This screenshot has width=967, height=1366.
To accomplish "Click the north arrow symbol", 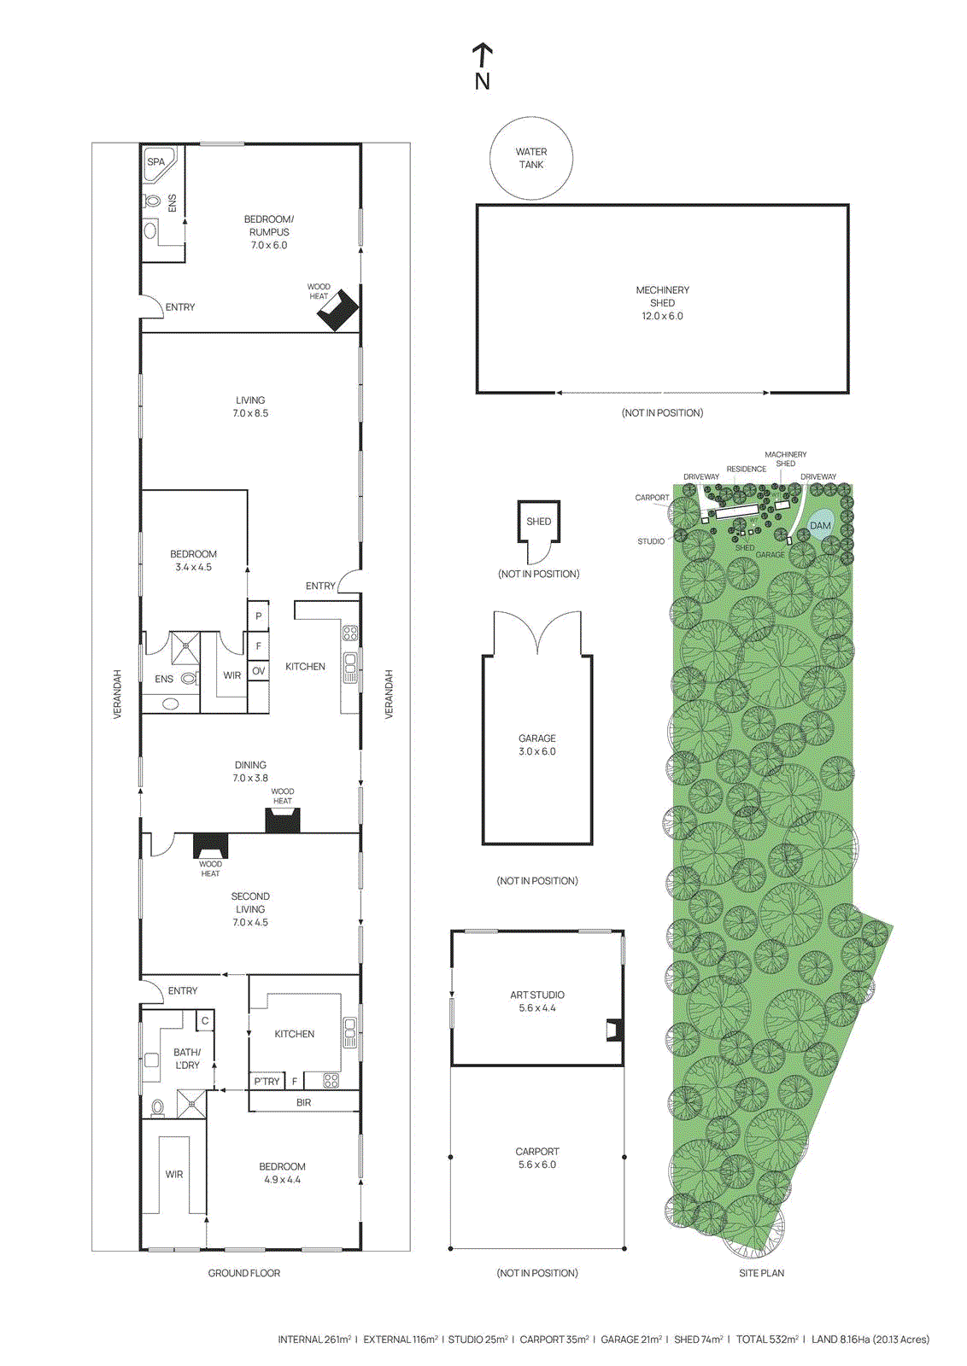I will click(483, 55).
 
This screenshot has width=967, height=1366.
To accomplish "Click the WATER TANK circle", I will click(530, 158).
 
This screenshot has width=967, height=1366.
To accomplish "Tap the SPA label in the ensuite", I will click(155, 161).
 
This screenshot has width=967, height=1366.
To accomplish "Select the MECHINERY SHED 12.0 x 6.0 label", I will click(662, 303).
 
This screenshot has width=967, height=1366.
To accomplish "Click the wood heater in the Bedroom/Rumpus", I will click(338, 311).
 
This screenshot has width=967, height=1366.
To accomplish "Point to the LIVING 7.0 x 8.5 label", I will click(250, 406).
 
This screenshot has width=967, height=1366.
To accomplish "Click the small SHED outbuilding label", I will click(538, 521).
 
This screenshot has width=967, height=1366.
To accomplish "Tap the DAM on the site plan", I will click(820, 525).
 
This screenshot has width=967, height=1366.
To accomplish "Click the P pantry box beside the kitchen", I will click(258, 616).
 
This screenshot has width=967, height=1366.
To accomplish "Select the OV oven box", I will click(258, 671).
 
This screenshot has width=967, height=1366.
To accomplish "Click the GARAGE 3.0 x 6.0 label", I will click(536, 744).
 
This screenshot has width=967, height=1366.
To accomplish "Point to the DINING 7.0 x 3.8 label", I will click(250, 771).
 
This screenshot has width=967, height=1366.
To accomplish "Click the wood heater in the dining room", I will click(282, 821).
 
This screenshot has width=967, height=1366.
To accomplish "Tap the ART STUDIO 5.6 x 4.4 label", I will click(536, 1001).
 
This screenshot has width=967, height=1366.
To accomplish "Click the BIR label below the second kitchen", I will click(303, 1102).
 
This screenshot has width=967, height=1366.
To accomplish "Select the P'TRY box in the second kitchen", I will click(267, 1081).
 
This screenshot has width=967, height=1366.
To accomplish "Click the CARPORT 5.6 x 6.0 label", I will click(536, 1158).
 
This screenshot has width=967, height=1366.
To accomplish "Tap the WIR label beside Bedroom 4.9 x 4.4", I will click(174, 1174).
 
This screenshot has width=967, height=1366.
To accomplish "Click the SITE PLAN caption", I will click(761, 1273).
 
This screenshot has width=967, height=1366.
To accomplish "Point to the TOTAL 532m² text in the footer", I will click(767, 1340).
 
